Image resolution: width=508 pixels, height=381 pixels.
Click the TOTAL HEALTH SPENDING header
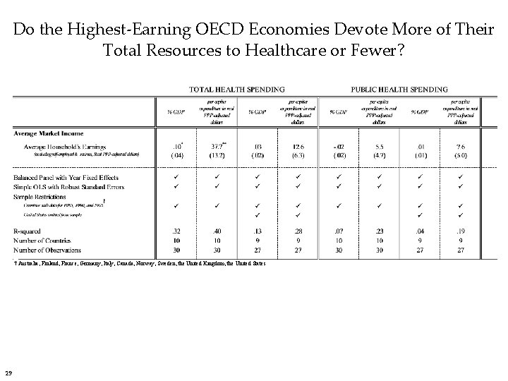pos(236,90)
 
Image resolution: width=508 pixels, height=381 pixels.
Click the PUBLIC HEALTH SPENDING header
pos(399,90)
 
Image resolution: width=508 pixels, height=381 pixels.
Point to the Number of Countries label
pos(44,240)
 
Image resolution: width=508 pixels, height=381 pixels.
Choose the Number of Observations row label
pos(48,250)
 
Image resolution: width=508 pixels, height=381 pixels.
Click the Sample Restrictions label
pos(41,196)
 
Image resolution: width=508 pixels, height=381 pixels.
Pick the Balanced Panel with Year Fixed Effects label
pos(66,177)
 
